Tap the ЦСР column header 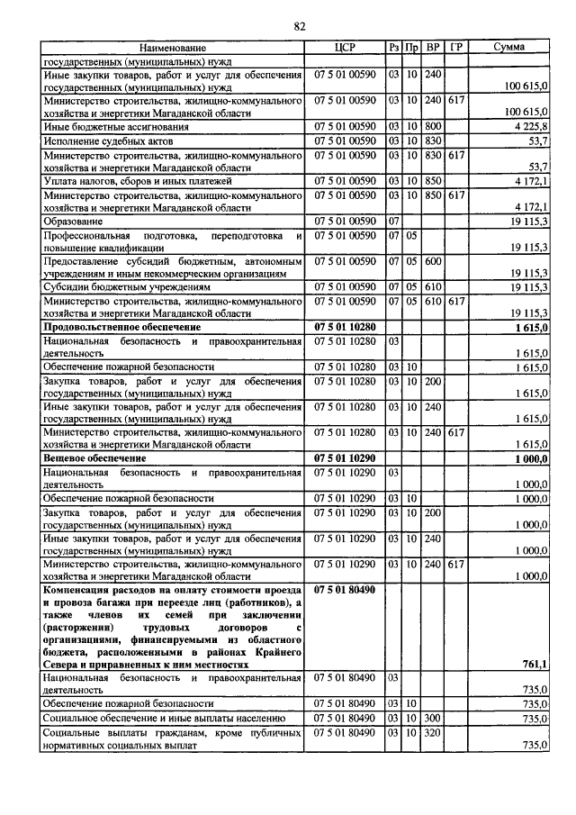tap(346, 47)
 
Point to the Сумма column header tap(510, 47)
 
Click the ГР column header tap(455, 47)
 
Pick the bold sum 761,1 tap(535, 664)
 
